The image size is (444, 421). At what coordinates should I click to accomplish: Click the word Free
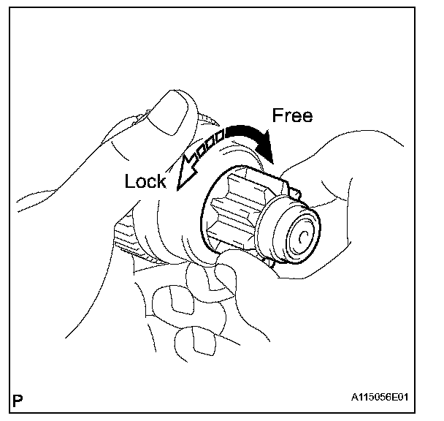pyautogui.click(x=292, y=115)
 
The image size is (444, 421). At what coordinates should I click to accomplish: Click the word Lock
pyautogui.click(x=145, y=181)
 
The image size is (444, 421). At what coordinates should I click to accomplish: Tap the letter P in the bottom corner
pyautogui.click(x=18, y=401)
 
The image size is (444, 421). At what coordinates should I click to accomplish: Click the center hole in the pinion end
pyautogui.click(x=300, y=236)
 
